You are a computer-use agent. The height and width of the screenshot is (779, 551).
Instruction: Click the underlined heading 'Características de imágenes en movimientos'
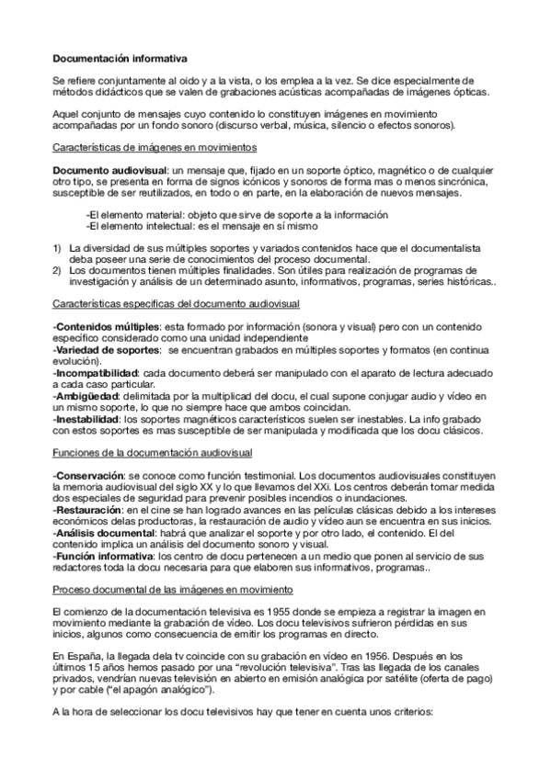(155, 147)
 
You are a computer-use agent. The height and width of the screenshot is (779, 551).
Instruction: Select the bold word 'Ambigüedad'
(85, 394)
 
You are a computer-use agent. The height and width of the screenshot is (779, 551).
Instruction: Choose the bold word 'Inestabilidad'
(88, 417)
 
